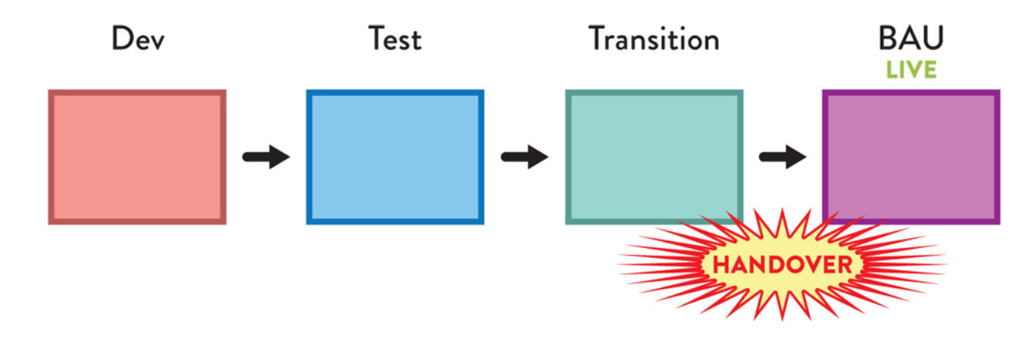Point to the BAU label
click(911, 38)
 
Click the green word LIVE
click(912, 70)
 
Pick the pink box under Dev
click(137, 157)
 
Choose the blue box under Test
click(395, 157)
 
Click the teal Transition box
click(654, 151)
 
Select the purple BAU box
click(911, 151)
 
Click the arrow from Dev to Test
click(266, 157)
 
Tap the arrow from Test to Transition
click(524, 157)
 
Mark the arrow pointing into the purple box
click(782, 157)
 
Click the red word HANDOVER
click(783, 265)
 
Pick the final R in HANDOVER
click(844, 265)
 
